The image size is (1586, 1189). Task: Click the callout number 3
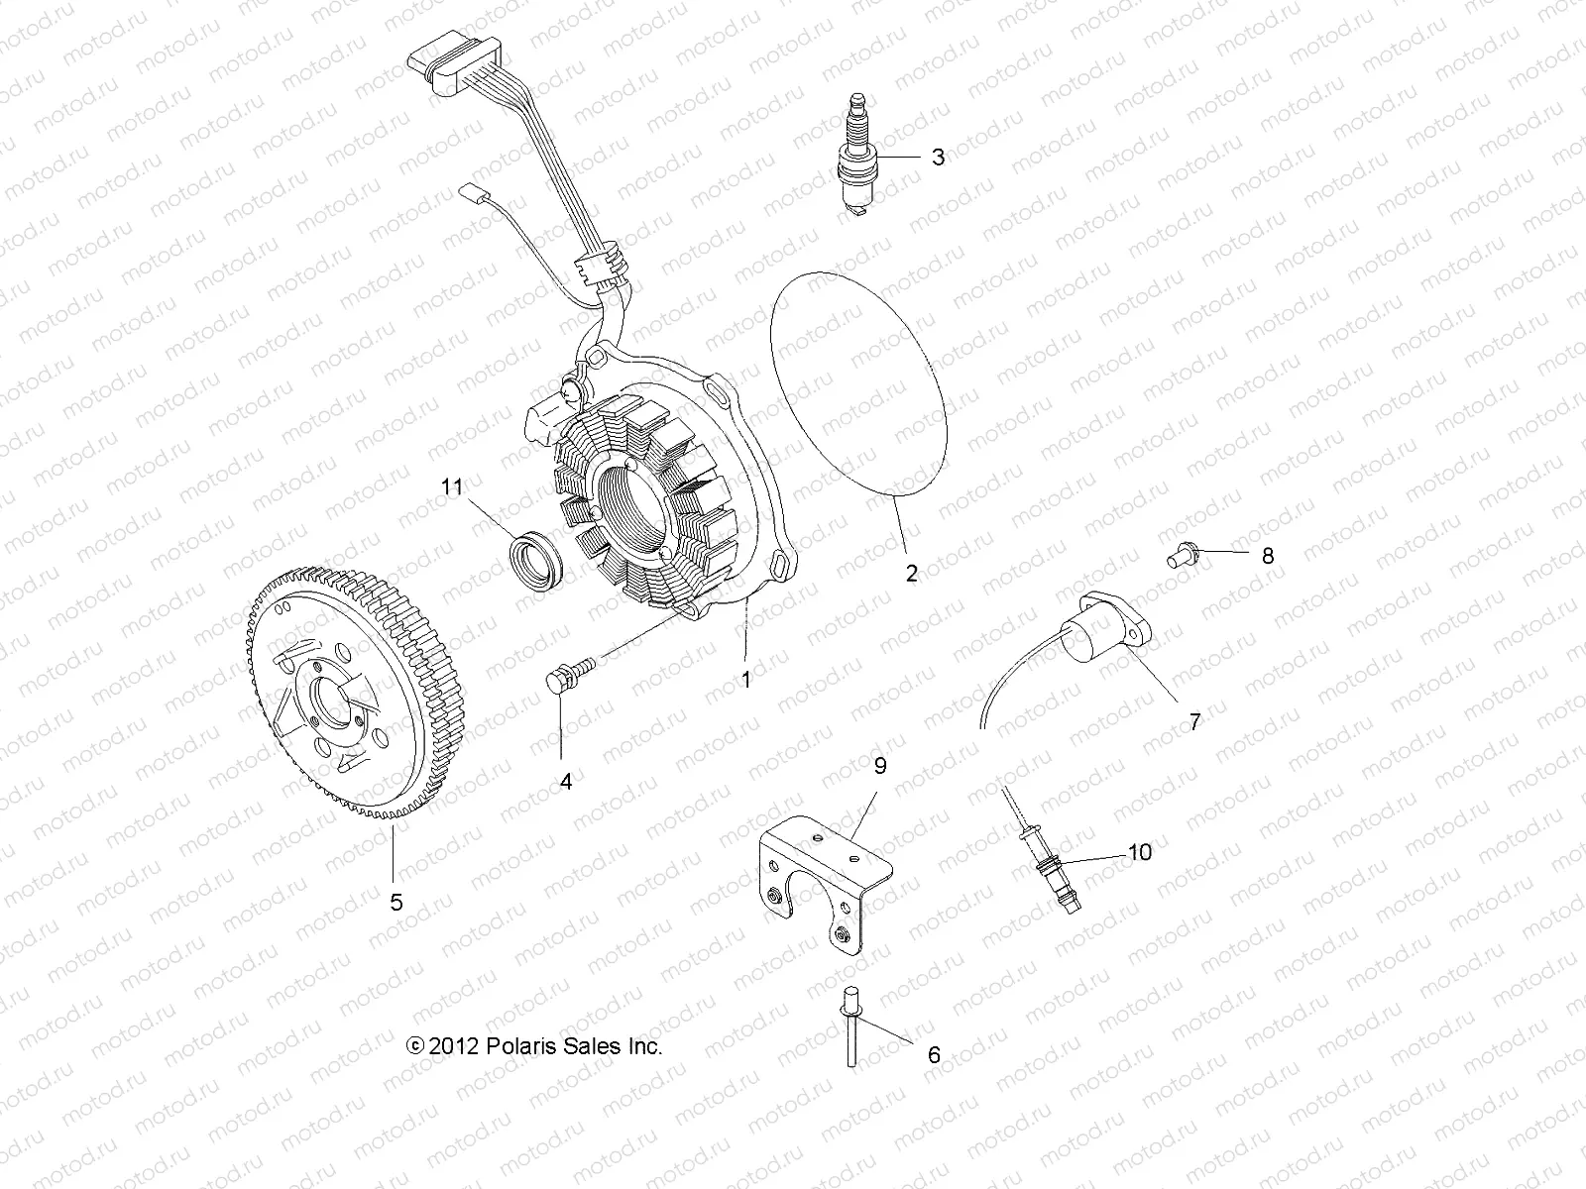click(937, 159)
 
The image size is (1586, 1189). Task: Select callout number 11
click(453, 486)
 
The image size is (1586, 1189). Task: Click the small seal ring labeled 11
click(535, 561)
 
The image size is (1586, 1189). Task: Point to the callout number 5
click(396, 902)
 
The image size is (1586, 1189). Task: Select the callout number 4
click(566, 782)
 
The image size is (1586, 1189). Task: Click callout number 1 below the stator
click(746, 680)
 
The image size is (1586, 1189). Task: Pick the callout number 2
click(911, 572)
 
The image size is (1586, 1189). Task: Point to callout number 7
click(1194, 721)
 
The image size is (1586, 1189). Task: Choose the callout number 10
click(1140, 851)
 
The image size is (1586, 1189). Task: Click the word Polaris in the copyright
click(522, 1045)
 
